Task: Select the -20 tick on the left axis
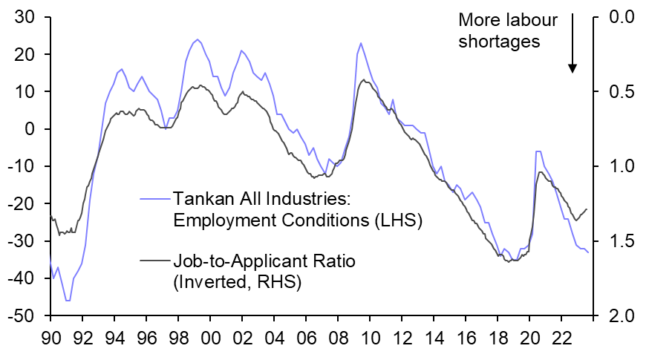[x=24, y=203]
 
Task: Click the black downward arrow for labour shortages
[x=573, y=45]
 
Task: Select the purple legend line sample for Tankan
[x=155, y=198]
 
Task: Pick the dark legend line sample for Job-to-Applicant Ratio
[x=155, y=261]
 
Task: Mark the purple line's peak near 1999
[x=197, y=39]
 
